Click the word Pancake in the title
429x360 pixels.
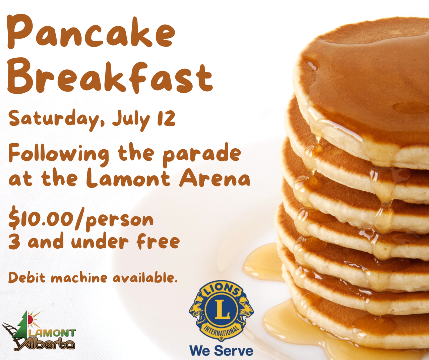click(x=91, y=32)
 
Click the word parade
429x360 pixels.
click(x=202, y=155)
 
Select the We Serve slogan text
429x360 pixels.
click(x=221, y=350)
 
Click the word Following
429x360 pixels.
click(x=58, y=155)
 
